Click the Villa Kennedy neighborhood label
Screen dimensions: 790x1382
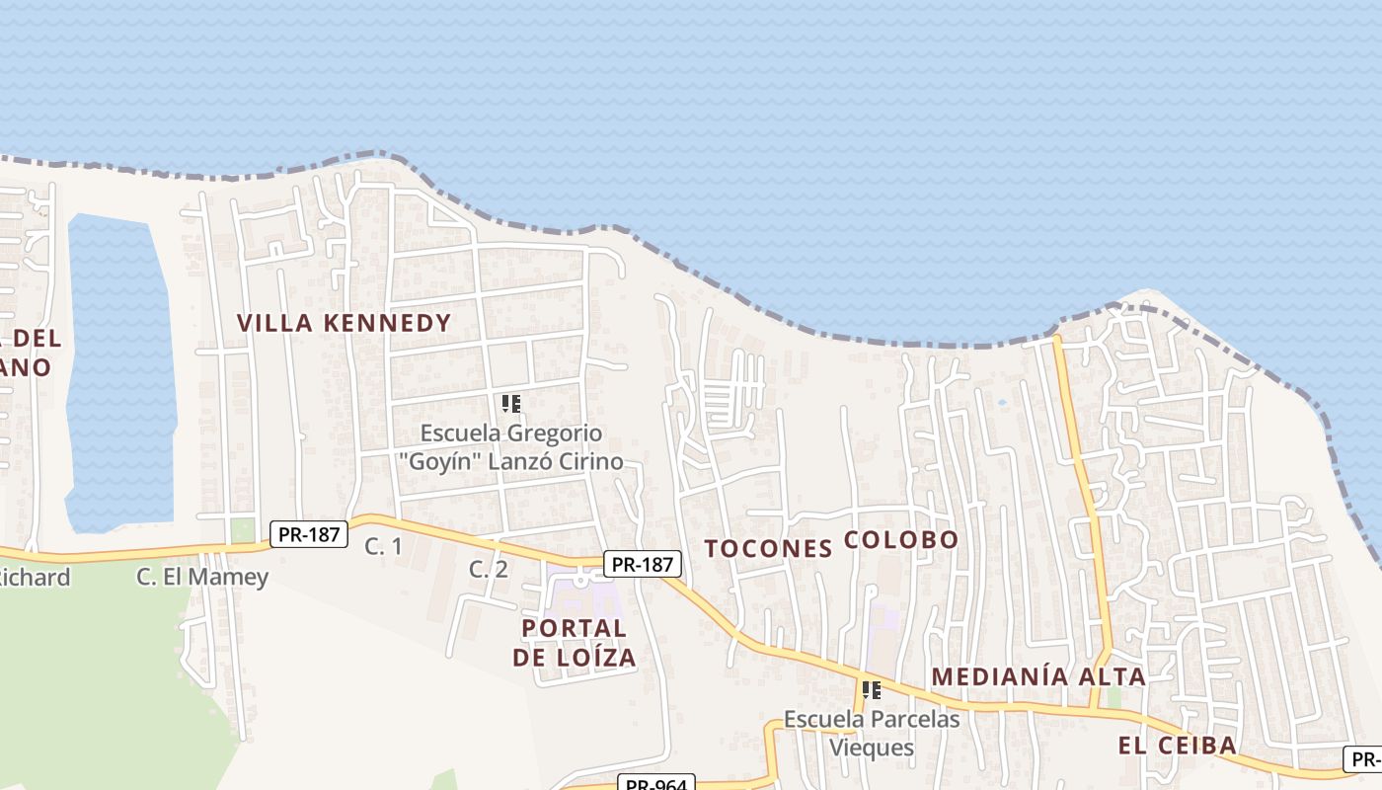coord(344,323)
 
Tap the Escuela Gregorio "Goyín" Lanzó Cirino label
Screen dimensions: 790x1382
coord(511,447)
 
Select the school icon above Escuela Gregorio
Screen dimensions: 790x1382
coord(511,403)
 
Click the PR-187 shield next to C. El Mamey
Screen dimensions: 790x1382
coord(309,535)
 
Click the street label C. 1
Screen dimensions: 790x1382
coord(383,545)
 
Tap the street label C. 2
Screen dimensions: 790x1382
coord(488,569)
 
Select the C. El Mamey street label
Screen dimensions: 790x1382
coord(202,577)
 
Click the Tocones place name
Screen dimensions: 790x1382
coord(768,549)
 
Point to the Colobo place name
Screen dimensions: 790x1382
coord(902,540)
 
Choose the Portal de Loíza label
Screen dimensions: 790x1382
coord(574,643)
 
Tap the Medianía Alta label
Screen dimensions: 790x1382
coord(1038,677)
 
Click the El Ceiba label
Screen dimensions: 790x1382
coord(1177,746)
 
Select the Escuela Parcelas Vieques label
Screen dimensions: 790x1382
coord(872,733)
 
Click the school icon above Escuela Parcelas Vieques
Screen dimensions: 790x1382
coord(871,690)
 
